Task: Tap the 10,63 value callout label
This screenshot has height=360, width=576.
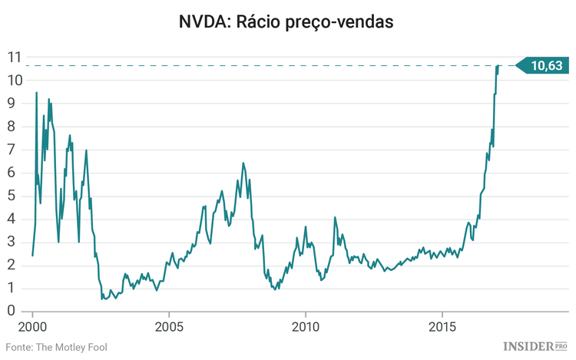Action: click(x=545, y=66)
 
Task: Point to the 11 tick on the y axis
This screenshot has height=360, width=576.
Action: click(x=13, y=57)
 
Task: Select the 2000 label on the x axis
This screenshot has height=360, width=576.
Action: click(x=33, y=325)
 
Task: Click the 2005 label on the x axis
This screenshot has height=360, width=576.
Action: click(x=169, y=325)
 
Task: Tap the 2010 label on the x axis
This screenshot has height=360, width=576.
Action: click(x=306, y=325)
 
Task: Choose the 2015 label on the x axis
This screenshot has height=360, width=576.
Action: click(x=442, y=325)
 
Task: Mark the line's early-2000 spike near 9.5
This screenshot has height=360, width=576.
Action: click(x=36, y=93)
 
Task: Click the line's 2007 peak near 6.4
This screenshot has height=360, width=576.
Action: click(x=243, y=163)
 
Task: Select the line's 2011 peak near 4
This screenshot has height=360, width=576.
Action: click(x=335, y=217)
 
